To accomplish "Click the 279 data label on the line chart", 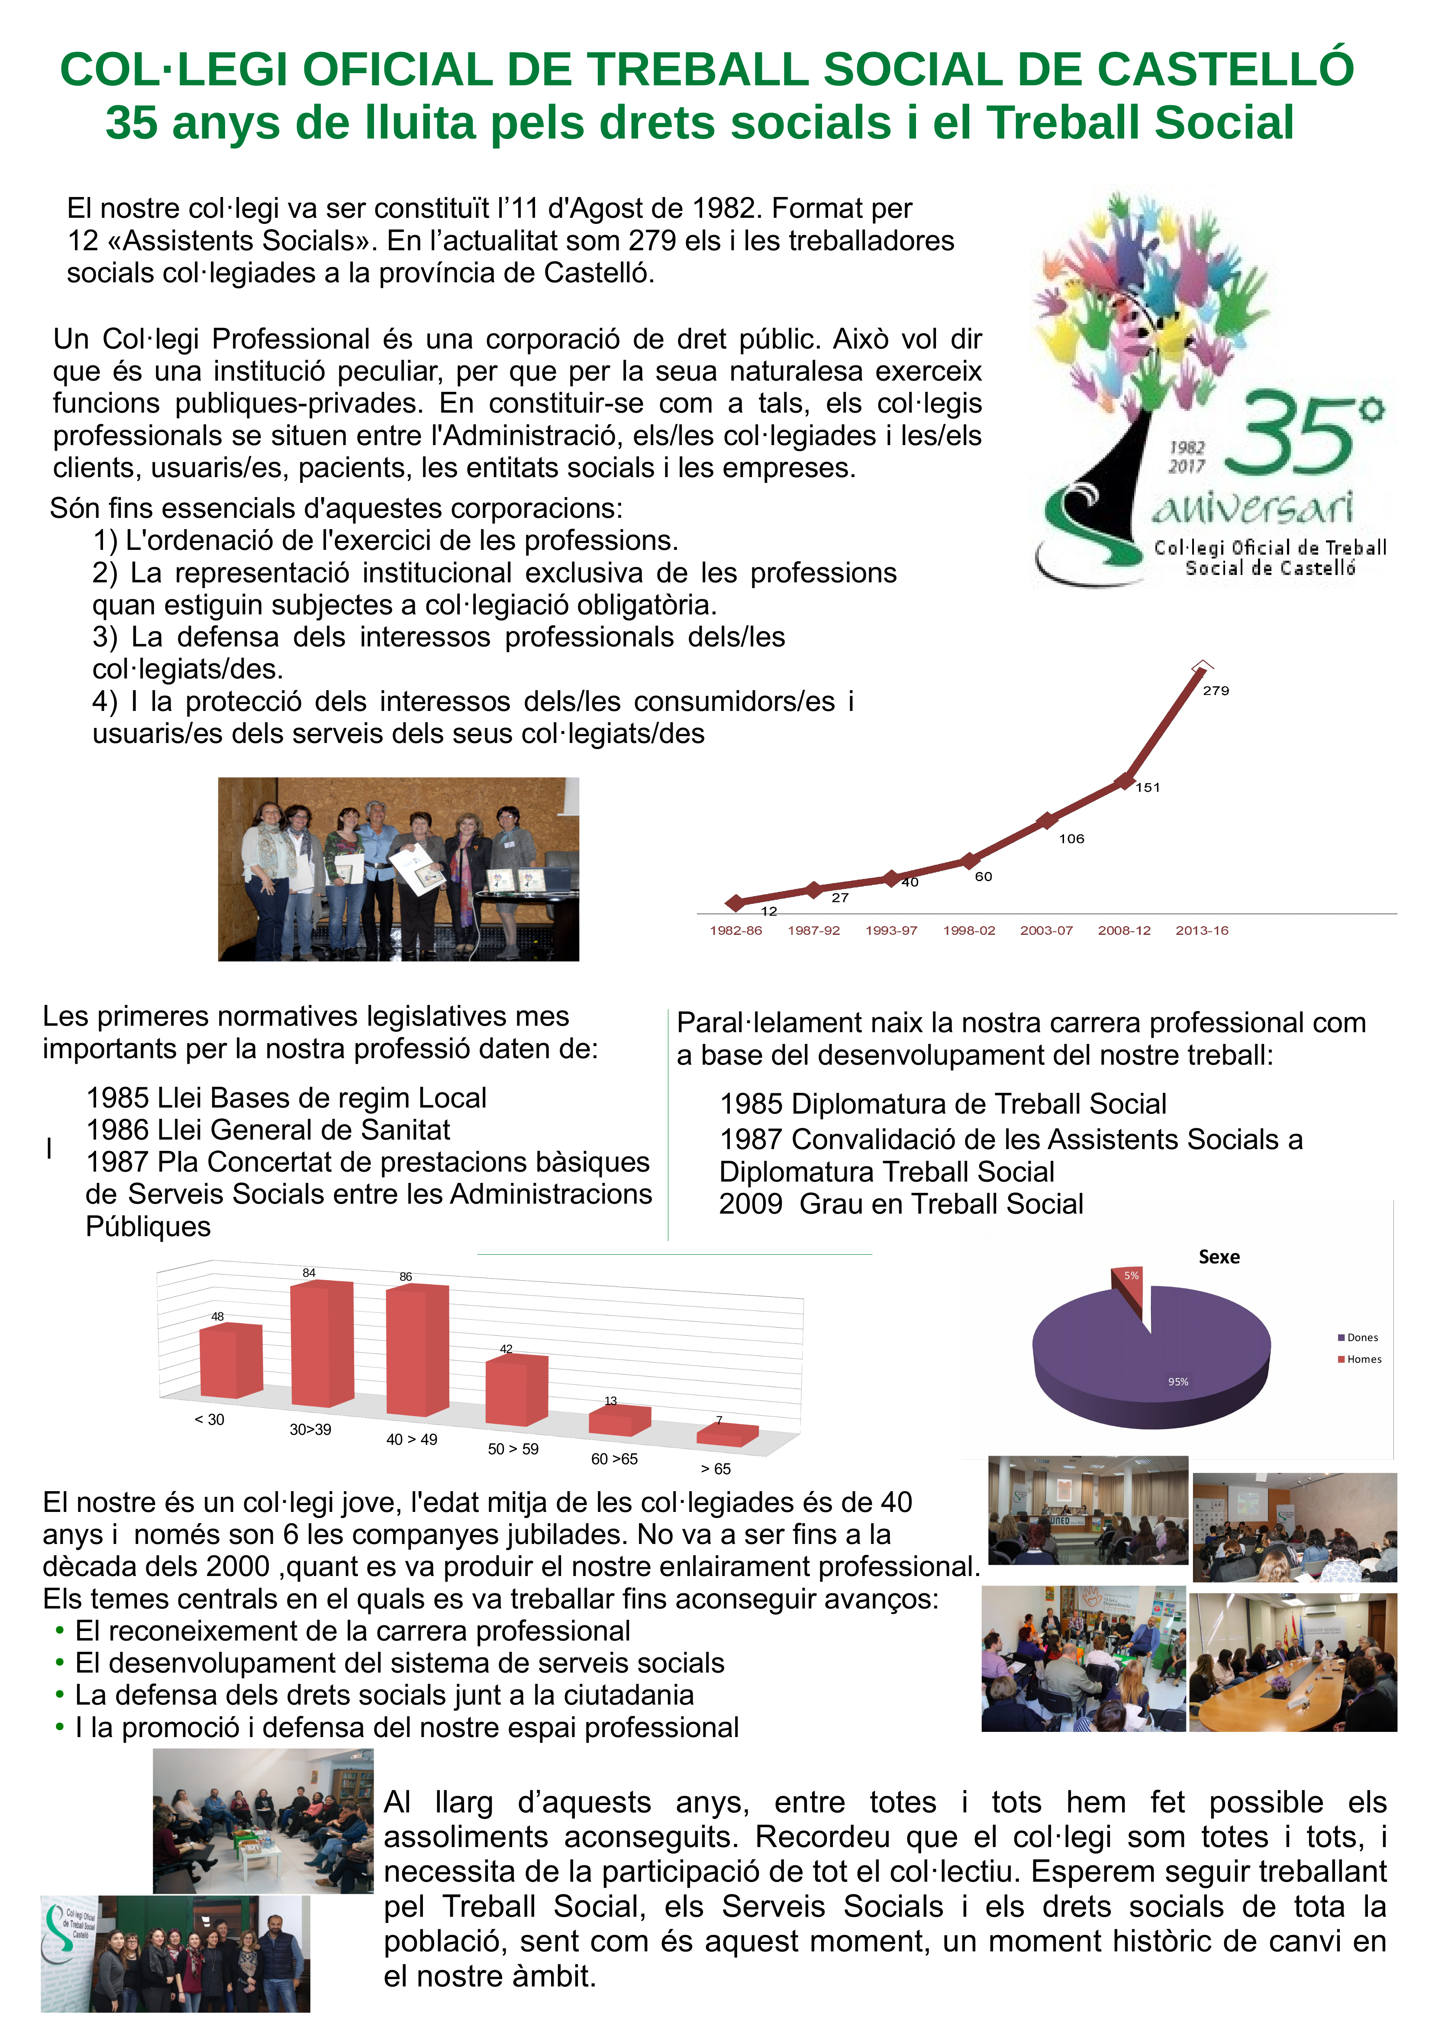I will point(1216,691).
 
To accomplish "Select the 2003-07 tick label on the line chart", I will point(1047,930).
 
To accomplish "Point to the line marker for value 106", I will point(1047,820).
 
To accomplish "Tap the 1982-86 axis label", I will point(735,930).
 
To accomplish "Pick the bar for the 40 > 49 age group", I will point(418,1350).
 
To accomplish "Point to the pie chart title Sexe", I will point(1219,1257).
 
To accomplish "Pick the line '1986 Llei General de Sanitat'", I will point(268,1130).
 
